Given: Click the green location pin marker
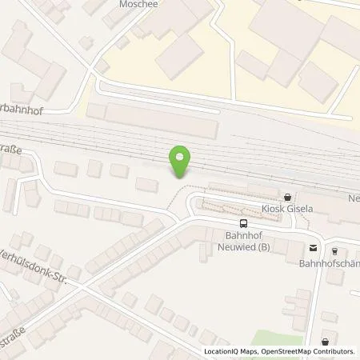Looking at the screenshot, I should click(x=181, y=160).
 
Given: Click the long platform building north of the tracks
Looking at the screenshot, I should click(x=152, y=119).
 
